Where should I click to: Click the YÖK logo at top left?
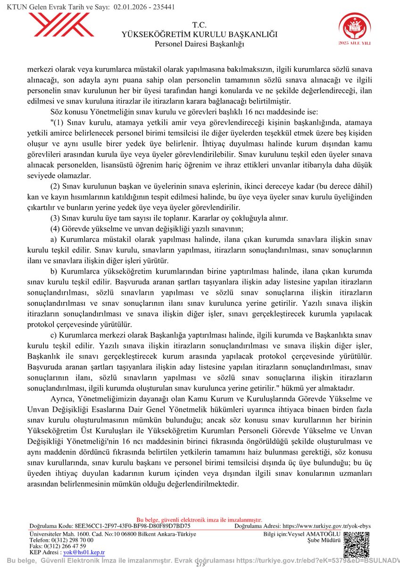pyautogui.click(x=61, y=26)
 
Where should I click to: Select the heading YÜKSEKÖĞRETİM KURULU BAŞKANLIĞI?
pyautogui.click(x=200, y=34)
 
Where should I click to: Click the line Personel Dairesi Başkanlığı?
pyautogui.click(x=200, y=44)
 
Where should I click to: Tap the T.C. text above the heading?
pyautogui.click(x=200, y=25)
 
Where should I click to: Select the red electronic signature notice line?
pyautogui.click(x=200, y=520)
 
